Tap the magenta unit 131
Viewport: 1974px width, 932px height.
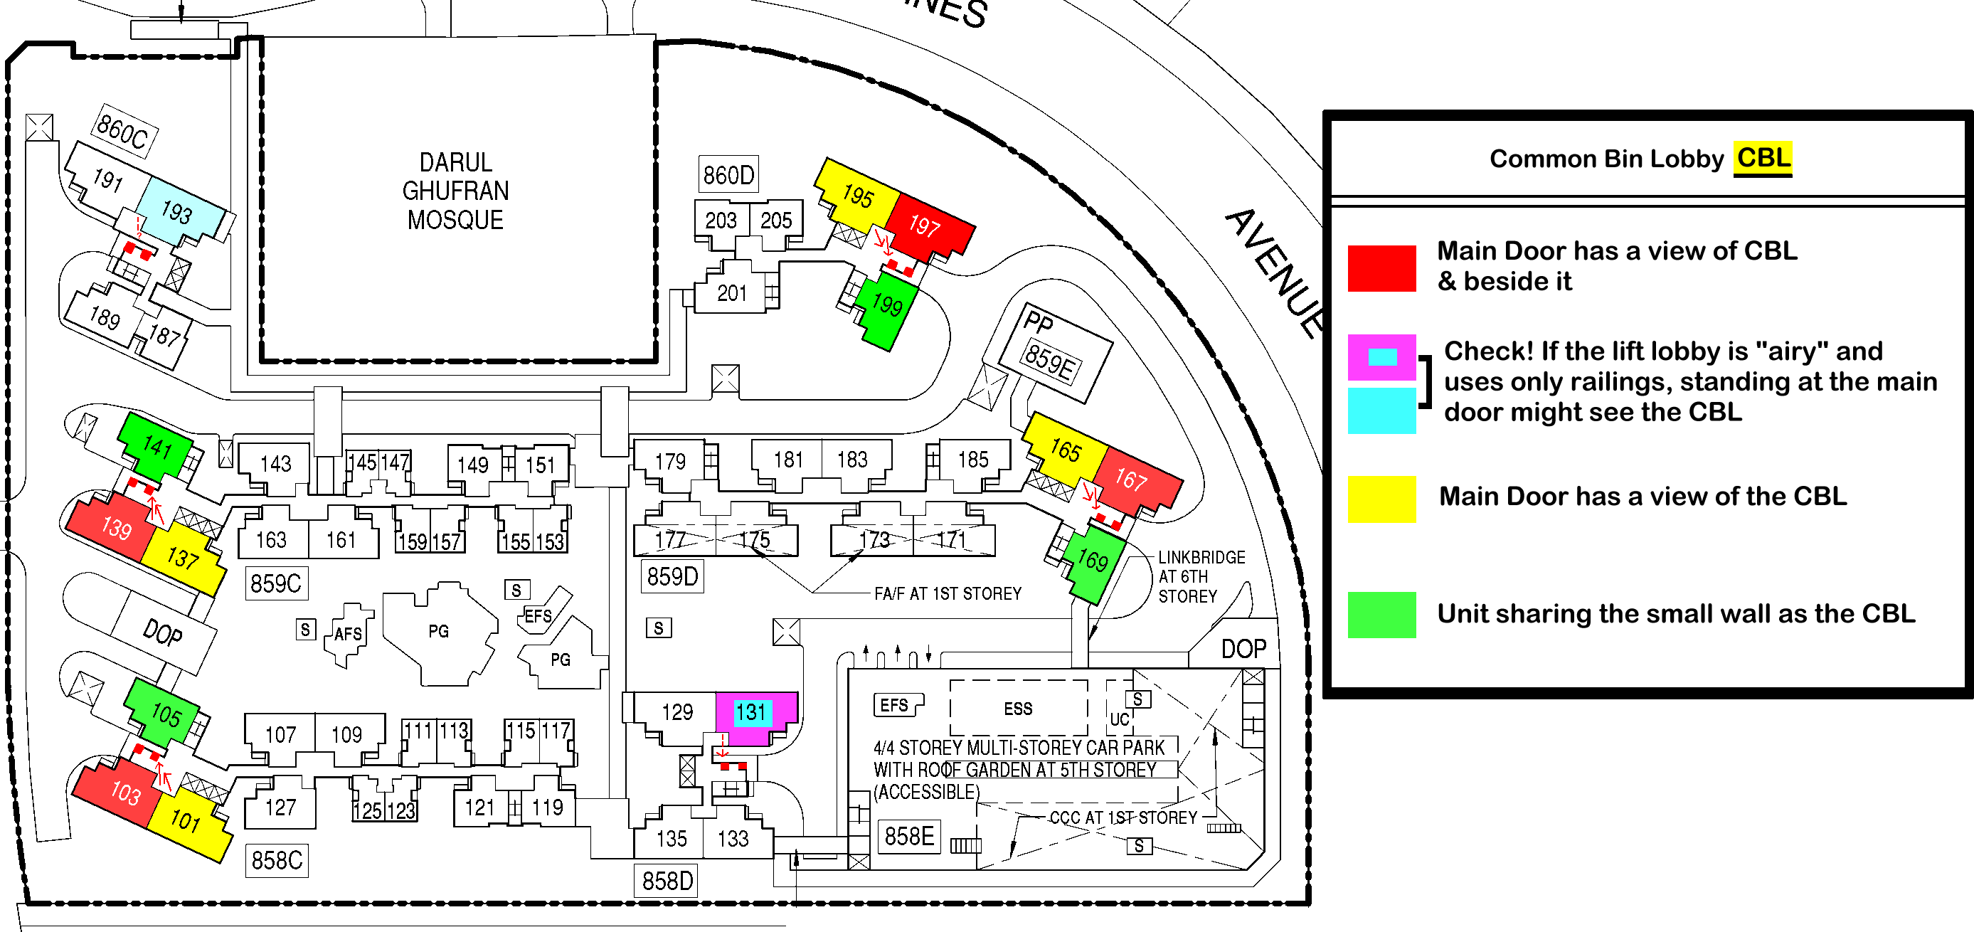click(x=755, y=716)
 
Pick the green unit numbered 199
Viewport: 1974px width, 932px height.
click(x=886, y=307)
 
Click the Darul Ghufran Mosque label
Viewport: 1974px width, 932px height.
click(x=455, y=191)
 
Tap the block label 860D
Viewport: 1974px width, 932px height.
click(x=728, y=175)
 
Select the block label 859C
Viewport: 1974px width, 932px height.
click(x=276, y=583)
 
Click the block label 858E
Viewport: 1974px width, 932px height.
click(x=909, y=835)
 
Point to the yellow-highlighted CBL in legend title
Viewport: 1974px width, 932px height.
click(x=1763, y=158)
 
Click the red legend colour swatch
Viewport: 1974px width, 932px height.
click(x=1381, y=268)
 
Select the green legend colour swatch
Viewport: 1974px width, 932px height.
click(x=1381, y=614)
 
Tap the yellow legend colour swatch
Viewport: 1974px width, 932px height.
click(x=1381, y=498)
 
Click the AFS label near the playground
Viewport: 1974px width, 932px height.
click(x=348, y=634)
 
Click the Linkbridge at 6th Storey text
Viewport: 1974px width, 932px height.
click(x=1201, y=576)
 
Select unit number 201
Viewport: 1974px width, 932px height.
click(x=732, y=293)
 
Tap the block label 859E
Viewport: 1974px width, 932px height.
click(x=1050, y=364)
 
